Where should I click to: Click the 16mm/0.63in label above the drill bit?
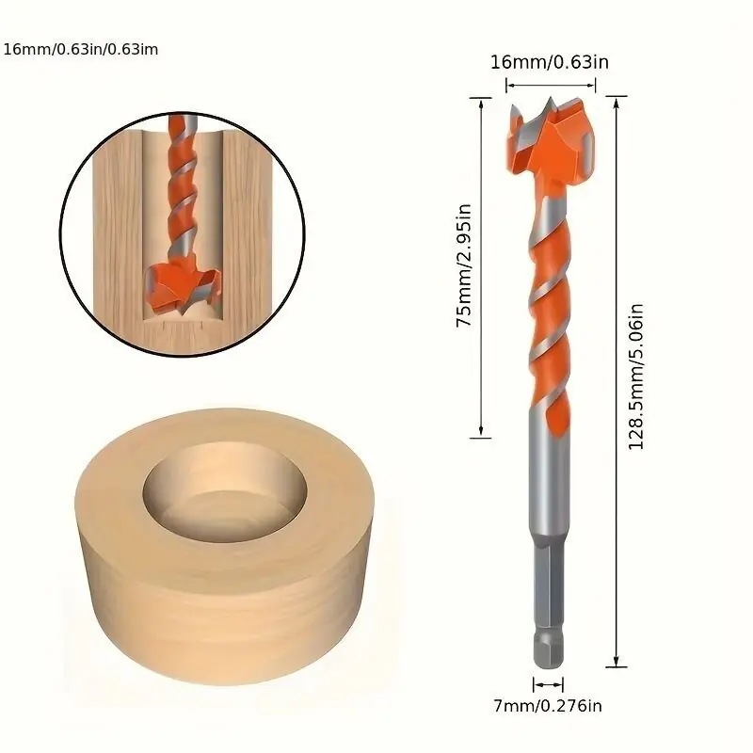(550, 62)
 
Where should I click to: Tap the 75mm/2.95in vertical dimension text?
(464, 265)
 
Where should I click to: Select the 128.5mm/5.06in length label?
(636, 377)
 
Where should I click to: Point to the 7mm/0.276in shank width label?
(548, 705)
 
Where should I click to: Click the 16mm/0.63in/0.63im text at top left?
(81, 50)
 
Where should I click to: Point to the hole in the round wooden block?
(225, 489)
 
